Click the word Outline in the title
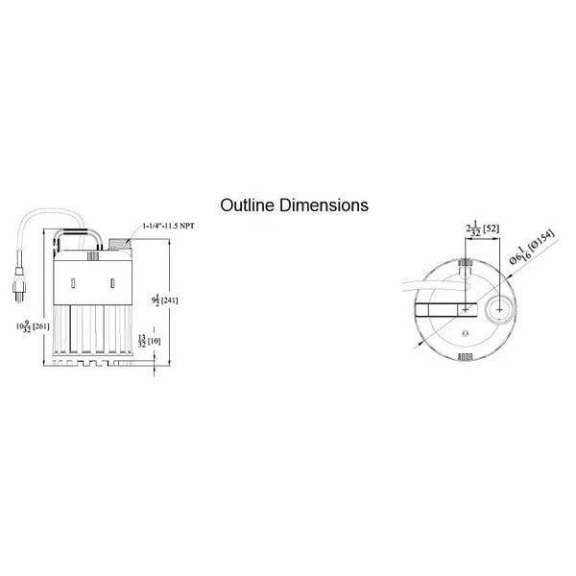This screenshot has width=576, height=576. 248,204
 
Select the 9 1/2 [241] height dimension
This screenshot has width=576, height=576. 165,300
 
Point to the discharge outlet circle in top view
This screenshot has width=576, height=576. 499,309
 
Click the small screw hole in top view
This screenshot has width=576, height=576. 465,331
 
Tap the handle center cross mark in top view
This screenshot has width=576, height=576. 465,309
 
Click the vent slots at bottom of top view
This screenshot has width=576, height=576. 466,357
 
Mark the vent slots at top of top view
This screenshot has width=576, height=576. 466,262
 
